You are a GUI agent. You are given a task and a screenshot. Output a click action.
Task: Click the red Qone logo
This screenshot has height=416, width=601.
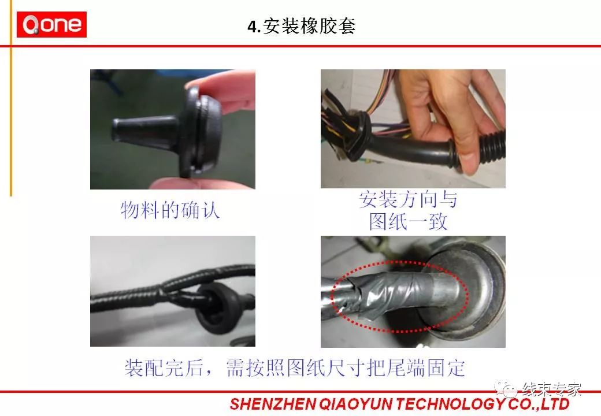(x=51, y=24)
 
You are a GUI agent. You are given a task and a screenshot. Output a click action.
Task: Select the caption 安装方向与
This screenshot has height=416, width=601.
(x=408, y=200)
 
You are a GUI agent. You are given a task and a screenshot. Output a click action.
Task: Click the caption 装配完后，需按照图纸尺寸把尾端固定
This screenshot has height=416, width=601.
(x=295, y=367)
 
